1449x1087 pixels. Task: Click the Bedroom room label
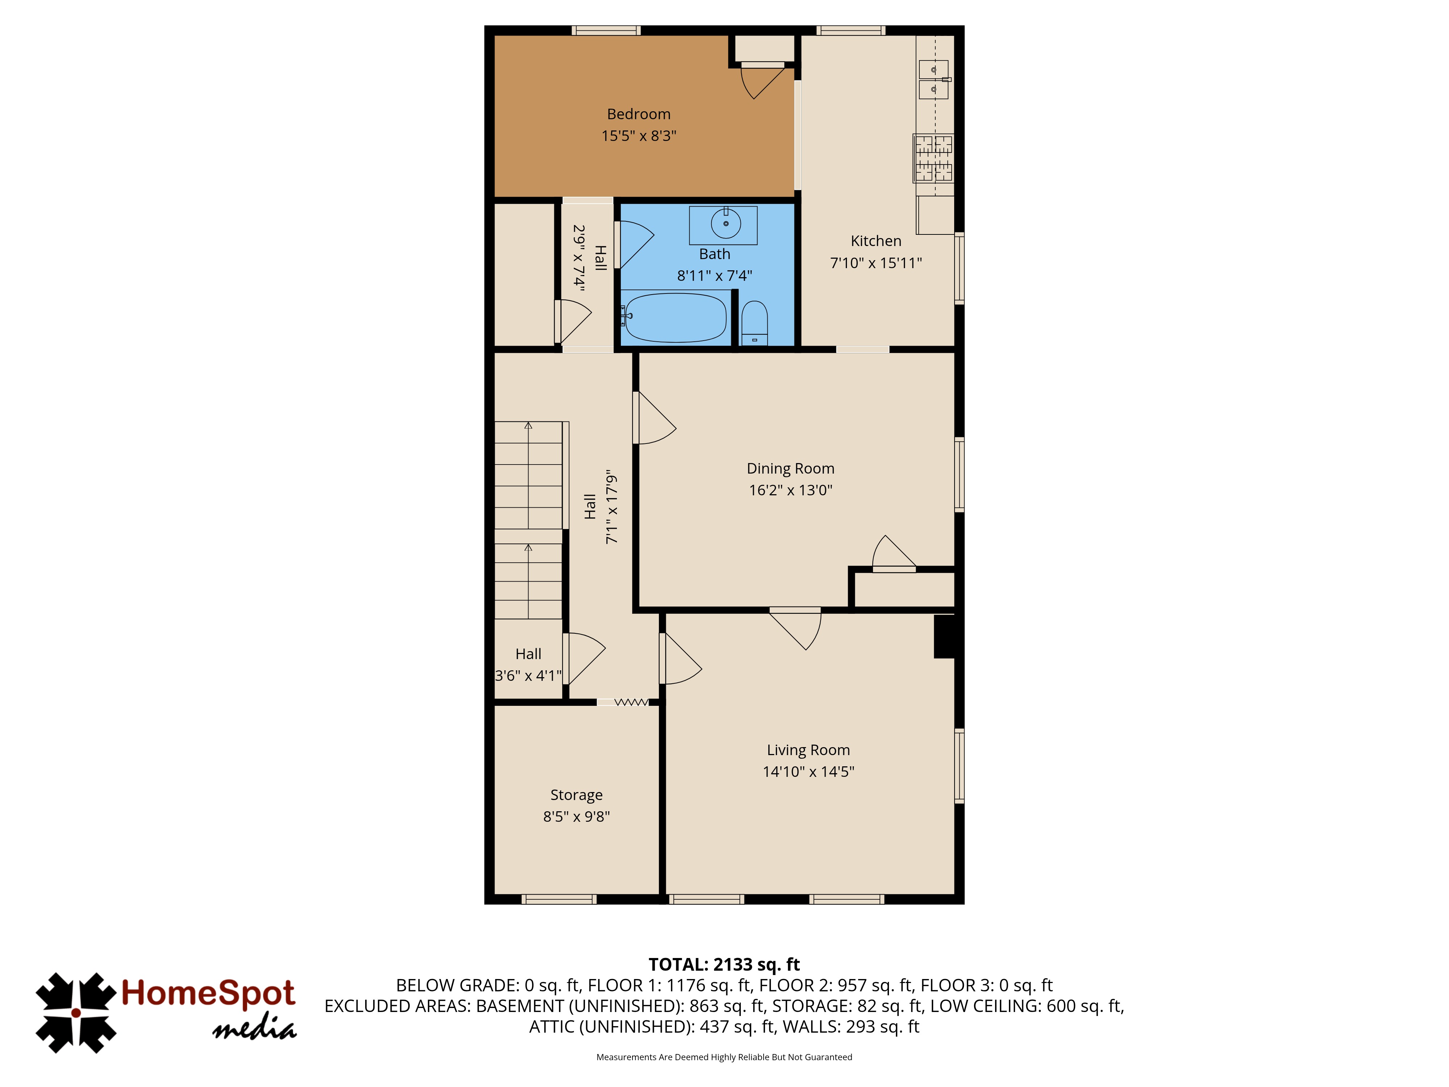click(639, 114)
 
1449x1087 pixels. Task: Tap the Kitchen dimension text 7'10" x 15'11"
click(876, 263)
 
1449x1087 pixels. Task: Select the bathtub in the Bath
click(675, 317)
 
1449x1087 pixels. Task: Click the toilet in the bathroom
click(754, 323)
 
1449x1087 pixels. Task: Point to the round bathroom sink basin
click(726, 224)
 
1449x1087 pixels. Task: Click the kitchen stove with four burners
click(934, 158)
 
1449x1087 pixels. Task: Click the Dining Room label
click(791, 468)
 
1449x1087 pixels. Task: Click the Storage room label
click(576, 795)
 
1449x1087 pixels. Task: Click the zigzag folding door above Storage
click(631, 703)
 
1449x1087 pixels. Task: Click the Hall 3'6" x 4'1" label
click(528, 665)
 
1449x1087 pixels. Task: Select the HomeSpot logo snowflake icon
click(76, 1013)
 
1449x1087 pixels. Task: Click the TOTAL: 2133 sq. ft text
click(724, 965)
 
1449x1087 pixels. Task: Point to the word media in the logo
click(255, 1028)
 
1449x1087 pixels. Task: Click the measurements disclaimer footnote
click(724, 1057)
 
